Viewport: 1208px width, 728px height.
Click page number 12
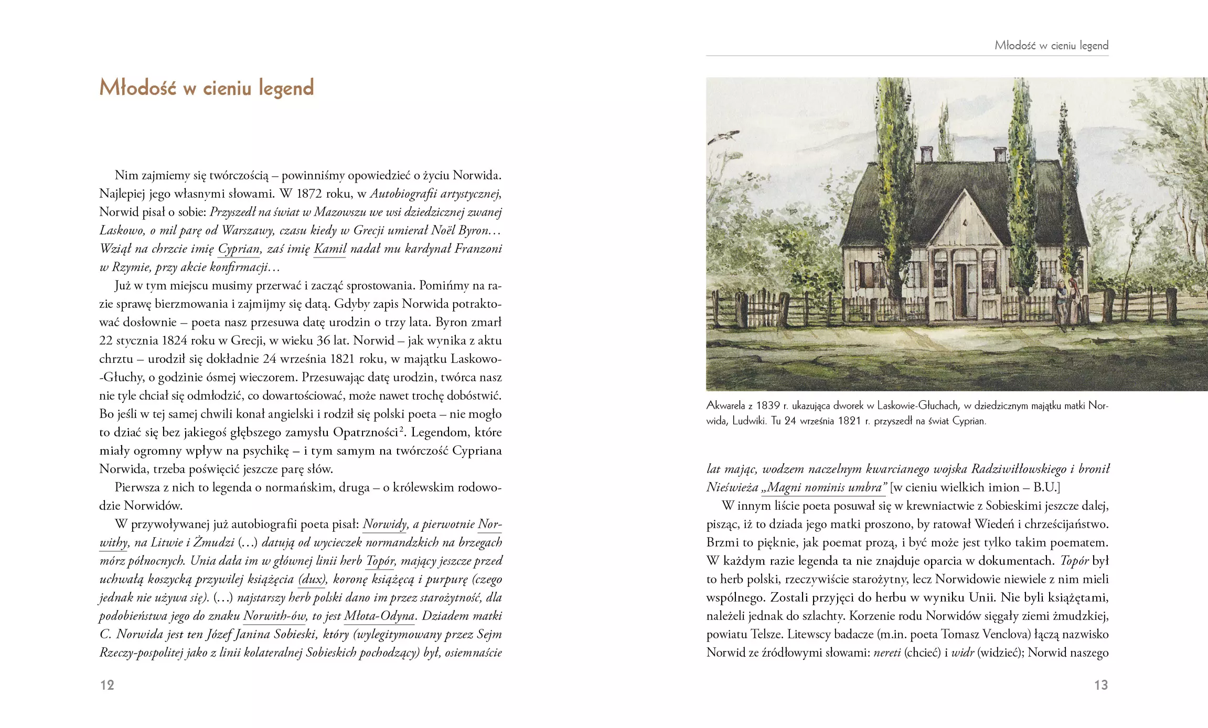[107, 685]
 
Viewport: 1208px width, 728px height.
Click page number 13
[1101, 685]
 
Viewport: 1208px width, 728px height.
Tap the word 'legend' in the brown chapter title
[286, 88]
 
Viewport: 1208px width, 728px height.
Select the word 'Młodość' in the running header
[1015, 46]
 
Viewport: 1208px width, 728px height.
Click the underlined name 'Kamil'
[330, 249]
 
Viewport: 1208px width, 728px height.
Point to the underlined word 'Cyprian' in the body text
[239, 249]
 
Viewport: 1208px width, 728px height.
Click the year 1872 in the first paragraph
[308, 194]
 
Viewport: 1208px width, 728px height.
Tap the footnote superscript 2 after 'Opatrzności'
[402, 430]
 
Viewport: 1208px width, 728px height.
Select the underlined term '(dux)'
[313, 579]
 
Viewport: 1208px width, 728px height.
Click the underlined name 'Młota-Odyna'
[379, 616]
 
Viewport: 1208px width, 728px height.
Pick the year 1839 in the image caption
[768, 405]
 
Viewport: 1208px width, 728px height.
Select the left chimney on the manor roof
[926, 154]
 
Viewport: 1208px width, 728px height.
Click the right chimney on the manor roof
[1000, 154]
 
